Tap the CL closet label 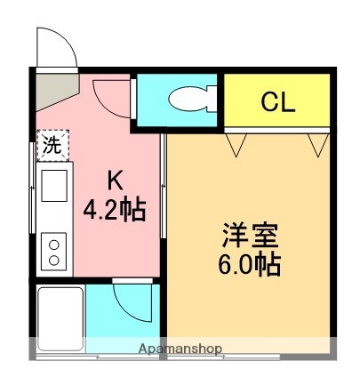277,101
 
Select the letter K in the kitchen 115,180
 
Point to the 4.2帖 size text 115,212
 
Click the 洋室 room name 250,237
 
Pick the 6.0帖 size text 250,265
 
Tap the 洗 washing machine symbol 52,146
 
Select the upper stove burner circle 52,243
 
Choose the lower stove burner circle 52,259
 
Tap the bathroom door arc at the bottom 132,301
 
